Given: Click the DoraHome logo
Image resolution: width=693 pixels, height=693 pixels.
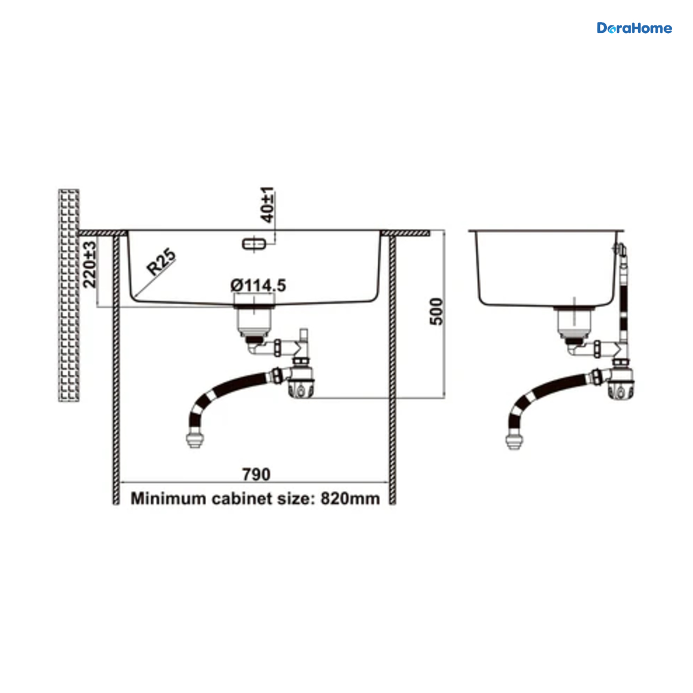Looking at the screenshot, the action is point(634,28).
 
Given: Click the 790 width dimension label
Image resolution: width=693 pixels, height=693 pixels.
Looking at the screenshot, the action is point(256,474).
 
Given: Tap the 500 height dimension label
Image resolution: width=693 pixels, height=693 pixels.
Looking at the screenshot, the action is point(437,312).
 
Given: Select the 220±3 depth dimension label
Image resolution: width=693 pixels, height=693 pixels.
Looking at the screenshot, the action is point(90,264).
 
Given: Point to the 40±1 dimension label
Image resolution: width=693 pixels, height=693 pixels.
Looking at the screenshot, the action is point(267,204).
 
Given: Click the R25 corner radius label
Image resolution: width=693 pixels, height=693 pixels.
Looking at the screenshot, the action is point(162,262).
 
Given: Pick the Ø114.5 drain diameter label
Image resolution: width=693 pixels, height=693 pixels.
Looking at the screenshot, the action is point(258,285).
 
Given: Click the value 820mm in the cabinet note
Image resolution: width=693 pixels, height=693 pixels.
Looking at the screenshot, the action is point(350,499).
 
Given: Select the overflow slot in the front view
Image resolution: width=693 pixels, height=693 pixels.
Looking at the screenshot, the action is point(254,244).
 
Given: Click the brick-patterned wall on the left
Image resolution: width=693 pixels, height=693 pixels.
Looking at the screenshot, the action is point(69,295).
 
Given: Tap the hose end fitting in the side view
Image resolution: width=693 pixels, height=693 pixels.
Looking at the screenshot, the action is point(515,441).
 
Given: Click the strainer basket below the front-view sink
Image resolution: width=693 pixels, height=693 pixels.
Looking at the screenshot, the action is point(254,321).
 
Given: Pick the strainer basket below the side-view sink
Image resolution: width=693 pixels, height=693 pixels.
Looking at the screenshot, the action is point(574,322).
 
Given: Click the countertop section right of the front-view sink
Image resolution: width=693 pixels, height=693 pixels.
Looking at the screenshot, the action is point(405,233).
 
